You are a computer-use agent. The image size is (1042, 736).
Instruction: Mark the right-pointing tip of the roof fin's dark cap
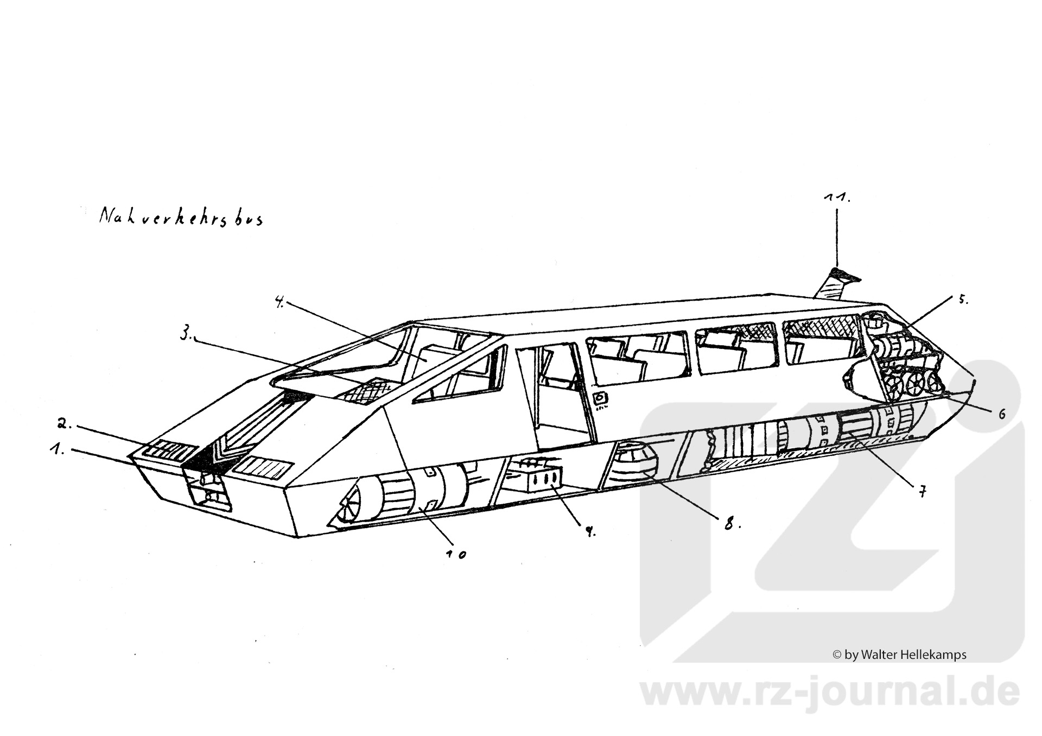pos(861,279)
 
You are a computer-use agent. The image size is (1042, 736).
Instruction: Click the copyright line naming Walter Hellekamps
pos(900,655)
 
